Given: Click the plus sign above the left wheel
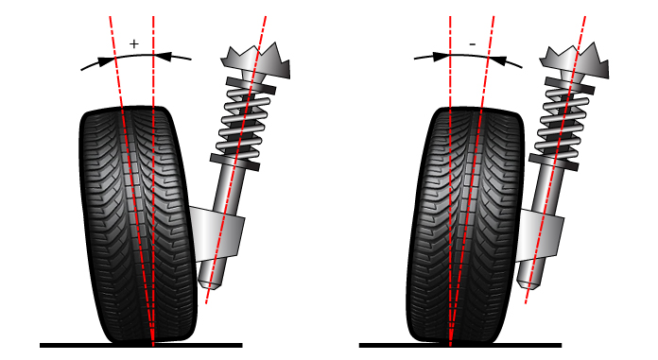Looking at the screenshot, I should (x=133, y=43).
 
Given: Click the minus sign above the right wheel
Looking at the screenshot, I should (x=472, y=43).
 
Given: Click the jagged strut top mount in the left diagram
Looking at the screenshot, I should (x=256, y=60).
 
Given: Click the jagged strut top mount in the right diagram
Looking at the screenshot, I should (x=578, y=58).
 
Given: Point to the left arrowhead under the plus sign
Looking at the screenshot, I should (x=105, y=61).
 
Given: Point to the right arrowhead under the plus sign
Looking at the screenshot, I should (x=163, y=57).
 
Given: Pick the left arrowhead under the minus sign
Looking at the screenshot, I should (x=440, y=57).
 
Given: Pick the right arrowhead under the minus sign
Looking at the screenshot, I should (x=501, y=61).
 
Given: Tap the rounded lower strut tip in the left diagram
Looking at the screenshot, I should (x=210, y=281).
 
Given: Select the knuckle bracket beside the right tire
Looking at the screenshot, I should (x=544, y=231).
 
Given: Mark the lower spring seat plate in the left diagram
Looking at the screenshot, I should (x=234, y=161).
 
